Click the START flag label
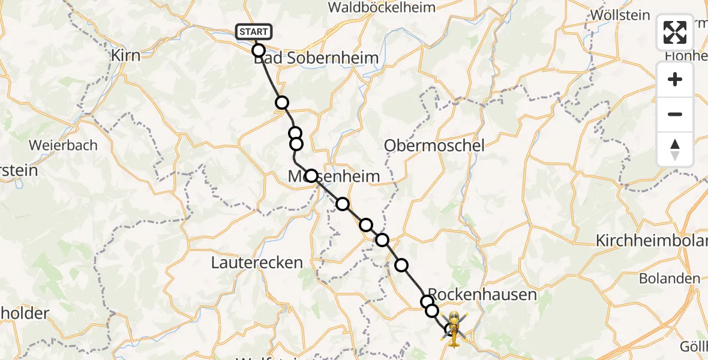click(254, 32)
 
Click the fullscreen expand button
click(675, 32)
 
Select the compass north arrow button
click(675, 149)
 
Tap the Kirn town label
click(126, 56)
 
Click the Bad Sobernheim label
click(316, 58)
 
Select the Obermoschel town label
click(434, 145)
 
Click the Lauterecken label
click(257, 262)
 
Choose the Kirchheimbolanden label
click(652, 241)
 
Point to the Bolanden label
click(669, 278)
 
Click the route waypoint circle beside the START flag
click(259, 50)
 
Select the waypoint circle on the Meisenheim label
click(311, 176)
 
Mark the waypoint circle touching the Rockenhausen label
click(427, 301)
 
